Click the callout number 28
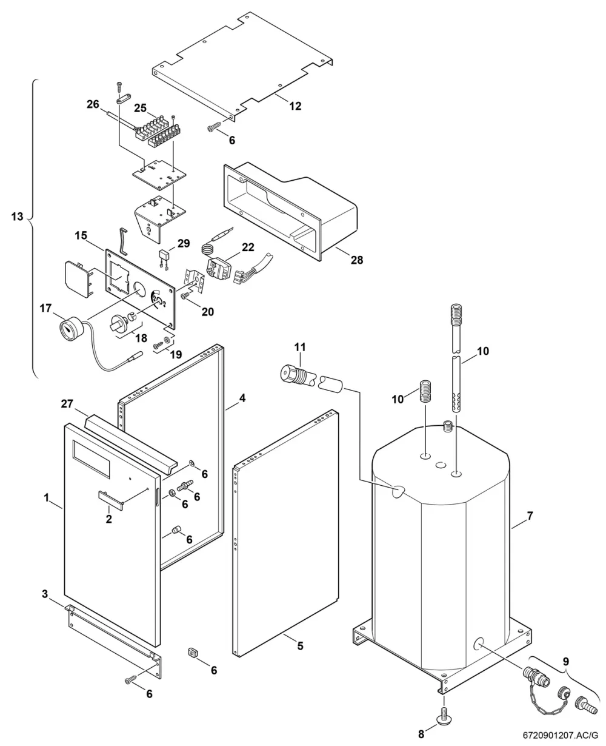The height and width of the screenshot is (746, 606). (x=357, y=260)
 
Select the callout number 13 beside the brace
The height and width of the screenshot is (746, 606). (x=17, y=217)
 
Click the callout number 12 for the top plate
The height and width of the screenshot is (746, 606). (x=295, y=106)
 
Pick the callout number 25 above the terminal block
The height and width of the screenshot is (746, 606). (x=141, y=108)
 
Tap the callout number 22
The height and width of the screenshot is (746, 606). (x=248, y=247)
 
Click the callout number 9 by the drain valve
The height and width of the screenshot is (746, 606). (x=566, y=662)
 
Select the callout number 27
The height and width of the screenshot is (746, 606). (x=67, y=404)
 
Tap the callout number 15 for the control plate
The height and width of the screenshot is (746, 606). (x=81, y=235)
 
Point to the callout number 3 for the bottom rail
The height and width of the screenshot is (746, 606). (x=45, y=594)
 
